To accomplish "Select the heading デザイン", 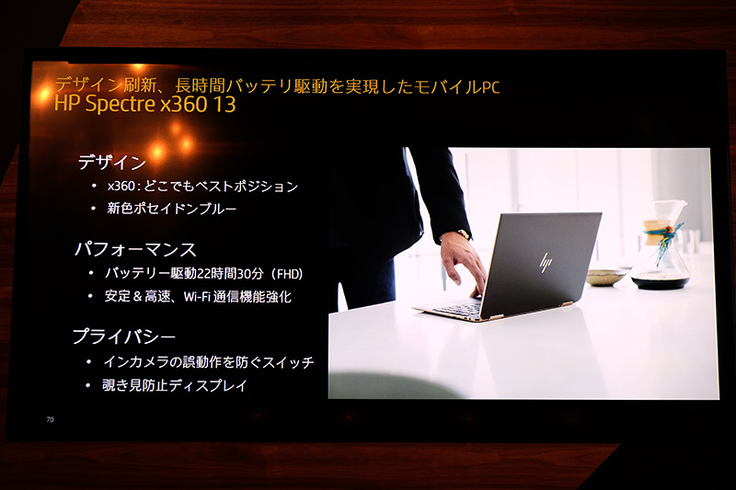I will coord(112,163).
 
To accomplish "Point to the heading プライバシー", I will coord(124,336).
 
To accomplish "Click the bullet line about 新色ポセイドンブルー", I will coord(171,209).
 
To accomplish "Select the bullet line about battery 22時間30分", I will coord(203,273).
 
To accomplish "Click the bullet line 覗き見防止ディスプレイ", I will coord(175,385).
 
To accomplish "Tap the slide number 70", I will coord(50,420).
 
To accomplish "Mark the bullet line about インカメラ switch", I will coord(209,362).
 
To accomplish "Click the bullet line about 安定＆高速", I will coord(199,296).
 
